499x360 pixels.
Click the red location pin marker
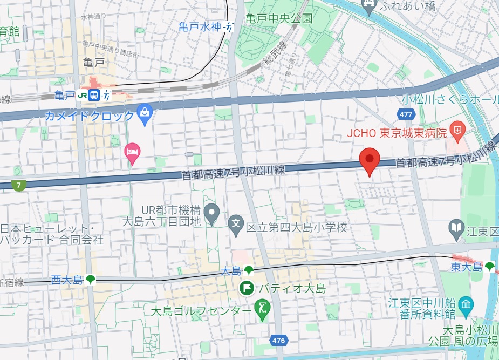point(370,159)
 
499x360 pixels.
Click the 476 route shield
point(278,341)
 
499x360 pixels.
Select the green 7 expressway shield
point(19,186)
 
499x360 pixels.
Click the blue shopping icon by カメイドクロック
point(145,113)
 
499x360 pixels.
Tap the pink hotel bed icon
point(132,153)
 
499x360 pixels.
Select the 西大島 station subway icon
point(90,279)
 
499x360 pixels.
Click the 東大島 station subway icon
point(489,266)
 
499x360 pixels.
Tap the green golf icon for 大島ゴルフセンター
point(262,310)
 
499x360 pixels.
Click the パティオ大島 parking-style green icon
point(247,288)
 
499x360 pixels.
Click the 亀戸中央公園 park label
point(278,18)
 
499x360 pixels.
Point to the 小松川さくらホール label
point(450,99)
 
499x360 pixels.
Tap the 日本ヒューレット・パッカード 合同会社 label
point(51,233)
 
